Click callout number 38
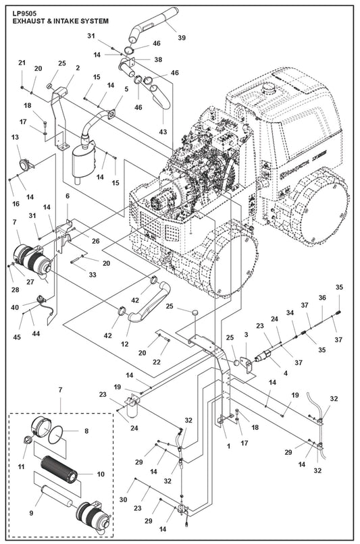pos(158,59)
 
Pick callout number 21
pos(22,63)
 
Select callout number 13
pos(14,137)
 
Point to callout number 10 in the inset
pos(101,474)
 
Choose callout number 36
pos(323,298)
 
